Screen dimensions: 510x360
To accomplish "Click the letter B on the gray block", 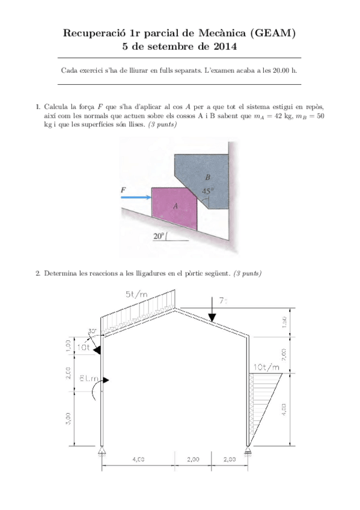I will pyautogui.click(x=208, y=177).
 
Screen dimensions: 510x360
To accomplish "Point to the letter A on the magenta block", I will pyautogui.click(x=175, y=206).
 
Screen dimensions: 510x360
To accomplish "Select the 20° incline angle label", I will pyautogui.click(x=158, y=236).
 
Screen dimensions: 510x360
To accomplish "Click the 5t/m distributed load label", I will pyautogui.click(x=138, y=294).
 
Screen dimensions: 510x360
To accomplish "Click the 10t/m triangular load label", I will pyautogui.click(x=267, y=367).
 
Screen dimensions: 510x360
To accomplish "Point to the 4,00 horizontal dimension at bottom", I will pyautogui.click(x=138, y=459).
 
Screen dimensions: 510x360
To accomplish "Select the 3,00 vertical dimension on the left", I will pyautogui.click(x=68, y=417).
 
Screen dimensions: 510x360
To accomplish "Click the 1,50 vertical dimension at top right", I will pyautogui.click(x=301, y=322).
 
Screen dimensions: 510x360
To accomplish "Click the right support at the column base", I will pyautogui.click(x=249, y=451).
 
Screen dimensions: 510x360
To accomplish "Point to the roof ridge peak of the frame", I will pyautogui.click(x=175, y=310).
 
